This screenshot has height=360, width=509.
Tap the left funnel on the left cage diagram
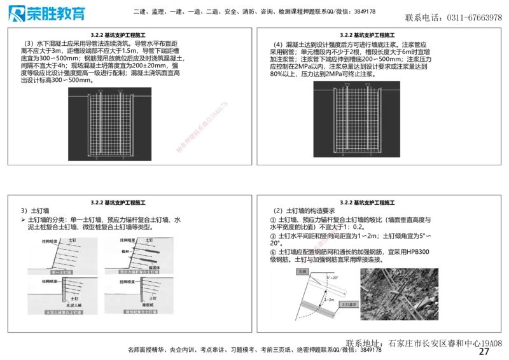pyautogui.click(x=101, y=91)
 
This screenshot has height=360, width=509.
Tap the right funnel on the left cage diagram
pyautogui.click(x=121, y=91)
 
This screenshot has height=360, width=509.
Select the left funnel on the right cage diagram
pyautogui.click(x=347, y=85)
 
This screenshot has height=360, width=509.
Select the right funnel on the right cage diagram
pyautogui.click(x=368, y=85)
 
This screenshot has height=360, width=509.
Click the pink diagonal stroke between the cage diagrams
pyautogui.click(x=202, y=126)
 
